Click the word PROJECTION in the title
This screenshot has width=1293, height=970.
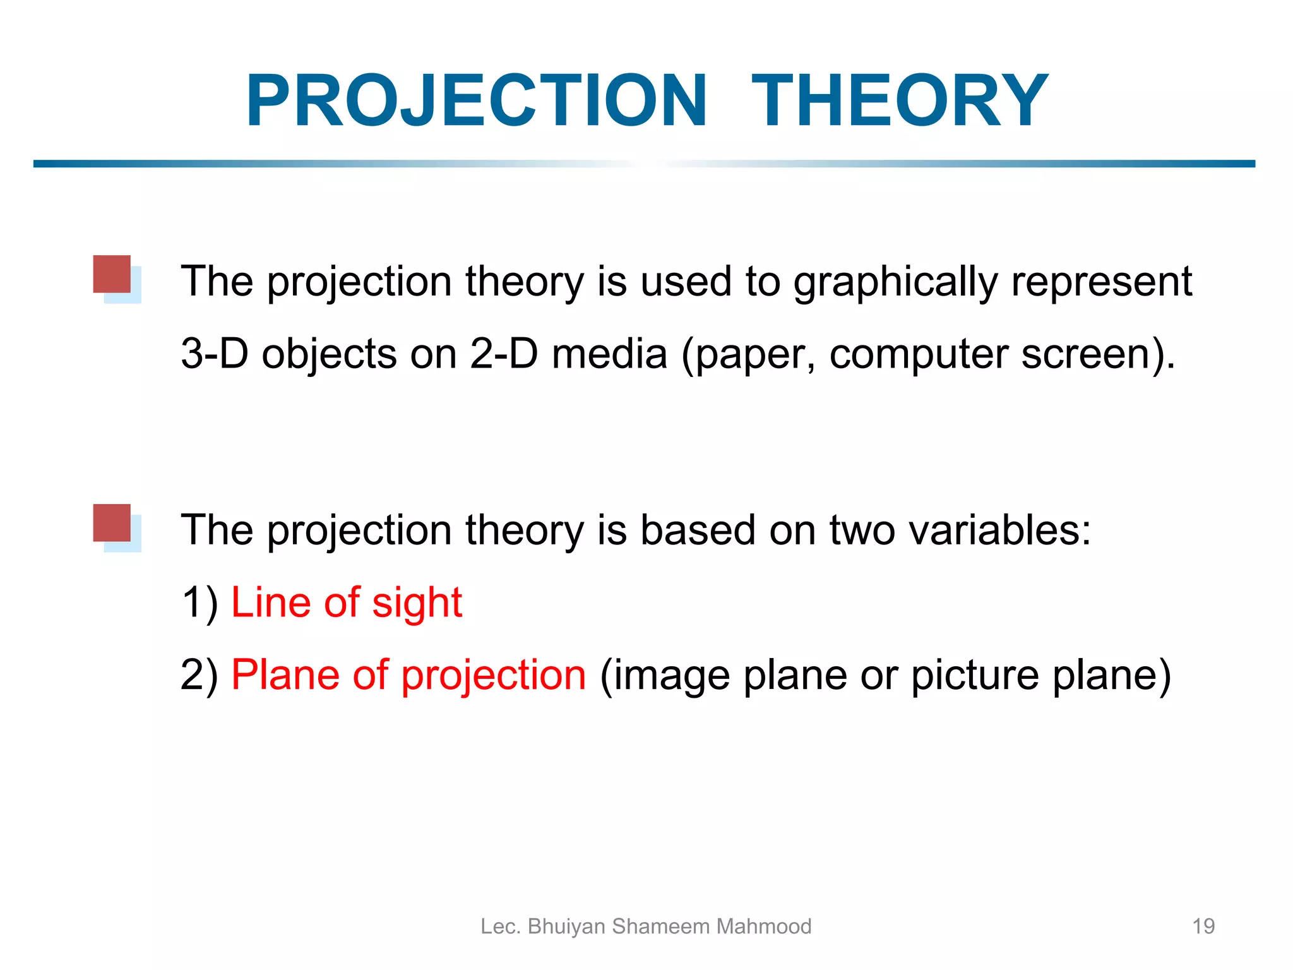[477, 101]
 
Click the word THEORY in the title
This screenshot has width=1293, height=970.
[900, 101]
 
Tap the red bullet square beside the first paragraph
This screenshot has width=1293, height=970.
[112, 274]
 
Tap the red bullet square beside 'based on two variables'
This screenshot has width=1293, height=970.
[112, 523]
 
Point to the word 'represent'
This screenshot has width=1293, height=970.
[1101, 282]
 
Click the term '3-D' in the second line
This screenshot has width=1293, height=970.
[215, 354]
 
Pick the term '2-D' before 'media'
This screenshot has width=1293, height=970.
[504, 354]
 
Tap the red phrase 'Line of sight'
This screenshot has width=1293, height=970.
[347, 602]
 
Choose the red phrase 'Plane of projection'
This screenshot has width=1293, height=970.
[408, 675]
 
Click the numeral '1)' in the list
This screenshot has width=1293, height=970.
[200, 602]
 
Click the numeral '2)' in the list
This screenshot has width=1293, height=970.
[200, 675]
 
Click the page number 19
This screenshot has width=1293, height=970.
[1203, 926]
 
